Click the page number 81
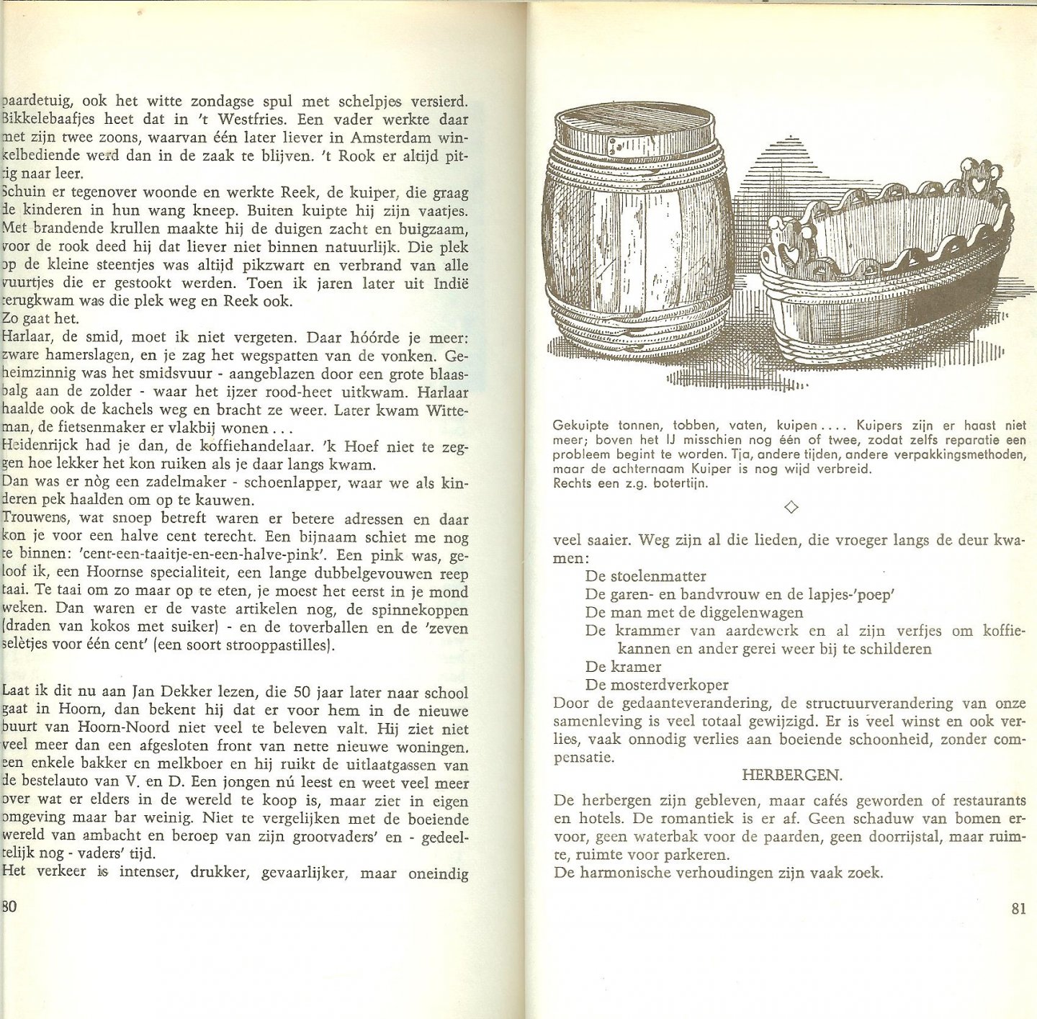click(x=1018, y=908)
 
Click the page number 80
click(x=9, y=906)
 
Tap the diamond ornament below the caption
click(x=790, y=508)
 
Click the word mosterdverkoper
click(x=669, y=684)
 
